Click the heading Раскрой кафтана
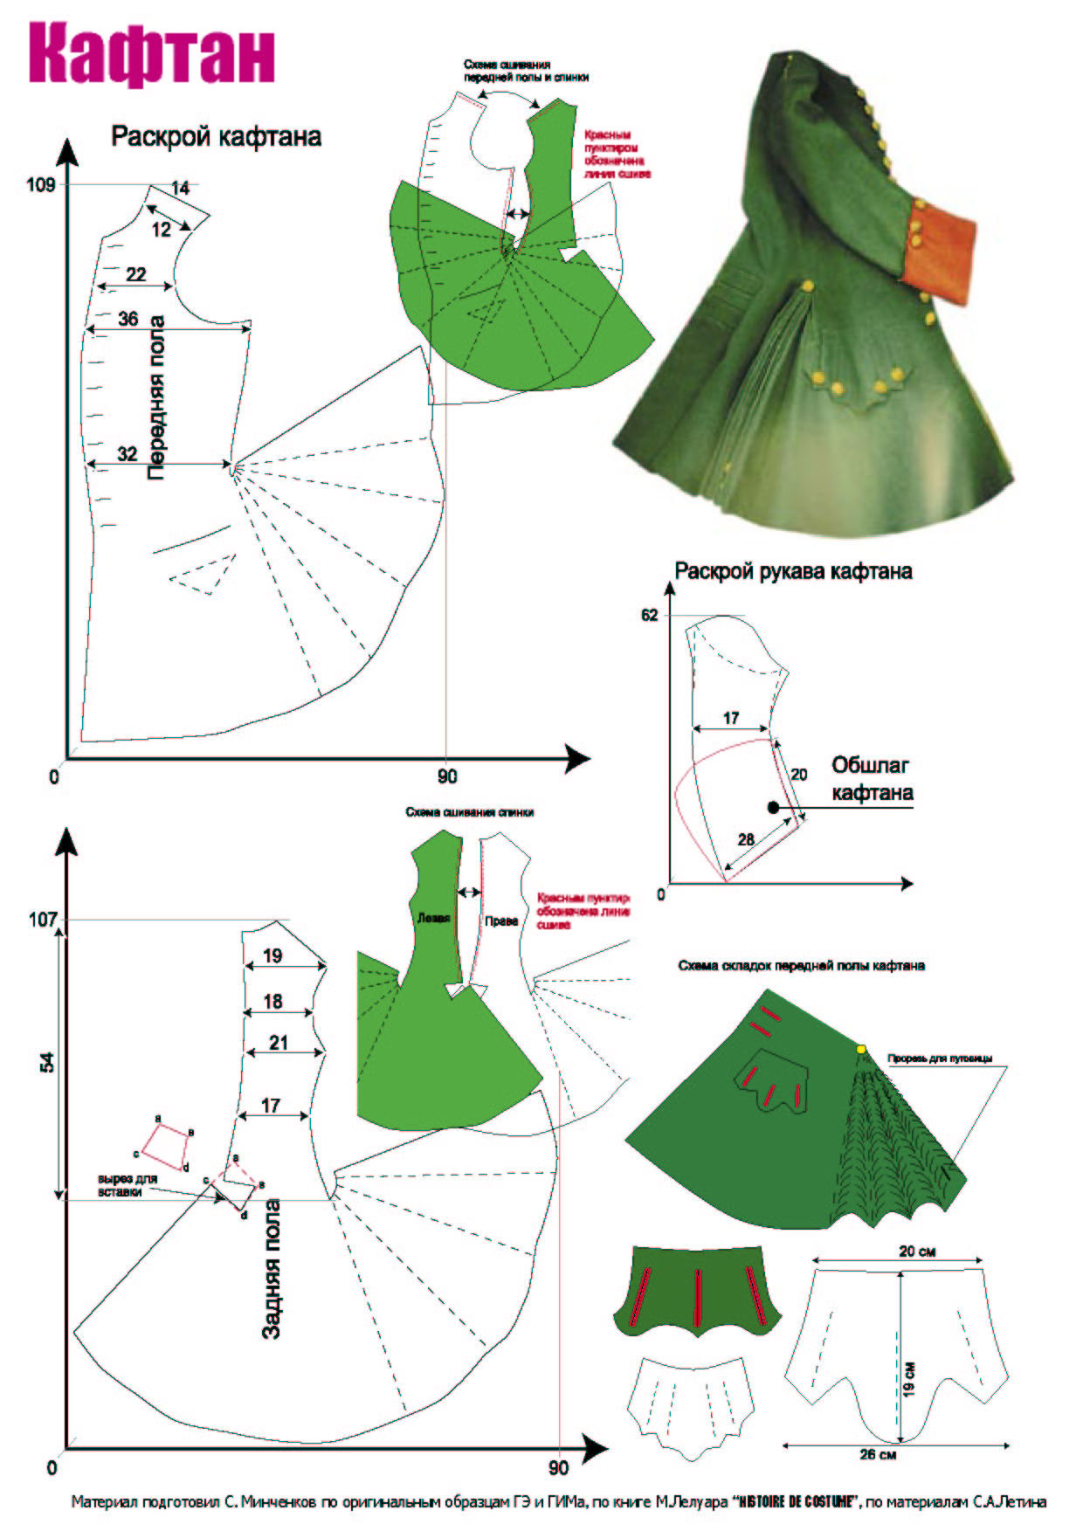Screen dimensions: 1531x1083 [216, 137]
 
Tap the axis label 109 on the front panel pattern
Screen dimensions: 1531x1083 [40, 184]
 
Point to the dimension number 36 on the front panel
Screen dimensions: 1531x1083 [128, 319]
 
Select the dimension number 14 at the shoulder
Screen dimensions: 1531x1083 [180, 188]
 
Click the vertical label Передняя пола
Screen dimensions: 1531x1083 [156, 397]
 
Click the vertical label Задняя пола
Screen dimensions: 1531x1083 [272, 1269]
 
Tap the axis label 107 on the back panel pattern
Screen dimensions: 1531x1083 [42, 920]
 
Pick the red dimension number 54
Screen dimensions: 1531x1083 [47, 1063]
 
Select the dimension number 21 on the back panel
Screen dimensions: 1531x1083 [279, 1042]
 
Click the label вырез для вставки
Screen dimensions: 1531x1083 [128, 1185]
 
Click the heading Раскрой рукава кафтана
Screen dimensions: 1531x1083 [793, 571]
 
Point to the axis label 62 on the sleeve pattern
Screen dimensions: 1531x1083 [650, 615]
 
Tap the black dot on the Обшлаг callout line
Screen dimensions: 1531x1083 [773, 807]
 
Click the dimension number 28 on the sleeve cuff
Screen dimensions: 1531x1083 [746, 839]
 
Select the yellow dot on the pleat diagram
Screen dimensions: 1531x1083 [861, 1049]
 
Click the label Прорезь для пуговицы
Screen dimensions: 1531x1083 [940, 1059]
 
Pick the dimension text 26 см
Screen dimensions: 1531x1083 [878, 1455]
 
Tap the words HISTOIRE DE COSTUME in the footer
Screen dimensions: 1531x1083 [795, 1502]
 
